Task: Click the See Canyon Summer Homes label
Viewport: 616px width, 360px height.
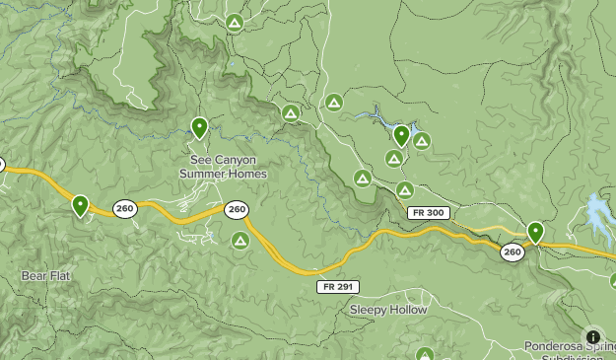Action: (x=223, y=166)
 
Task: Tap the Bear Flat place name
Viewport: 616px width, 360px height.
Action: (x=45, y=275)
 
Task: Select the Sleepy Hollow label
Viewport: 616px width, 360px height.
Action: (x=388, y=310)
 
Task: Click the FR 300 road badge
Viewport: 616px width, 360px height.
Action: (x=428, y=213)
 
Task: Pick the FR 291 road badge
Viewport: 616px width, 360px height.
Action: (x=338, y=286)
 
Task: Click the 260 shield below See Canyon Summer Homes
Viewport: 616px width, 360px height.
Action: (x=236, y=209)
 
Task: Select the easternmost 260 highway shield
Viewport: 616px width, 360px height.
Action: (x=512, y=252)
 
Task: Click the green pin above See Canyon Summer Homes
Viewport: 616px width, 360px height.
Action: (x=199, y=127)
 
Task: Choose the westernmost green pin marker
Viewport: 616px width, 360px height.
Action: (x=80, y=205)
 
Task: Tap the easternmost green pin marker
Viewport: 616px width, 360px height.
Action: (x=535, y=232)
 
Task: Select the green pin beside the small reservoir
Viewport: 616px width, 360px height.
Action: (x=401, y=135)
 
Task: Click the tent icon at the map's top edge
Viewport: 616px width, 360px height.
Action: (x=234, y=22)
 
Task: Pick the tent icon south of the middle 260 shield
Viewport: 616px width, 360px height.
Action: (x=240, y=240)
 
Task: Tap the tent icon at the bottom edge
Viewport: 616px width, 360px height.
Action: (x=425, y=354)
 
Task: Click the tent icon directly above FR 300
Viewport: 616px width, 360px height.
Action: (x=404, y=189)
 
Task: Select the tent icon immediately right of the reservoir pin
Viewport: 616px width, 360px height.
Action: (x=422, y=141)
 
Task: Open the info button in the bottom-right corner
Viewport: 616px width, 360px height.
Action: (x=592, y=336)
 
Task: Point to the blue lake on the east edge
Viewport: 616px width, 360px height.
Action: (x=599, y=212)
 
